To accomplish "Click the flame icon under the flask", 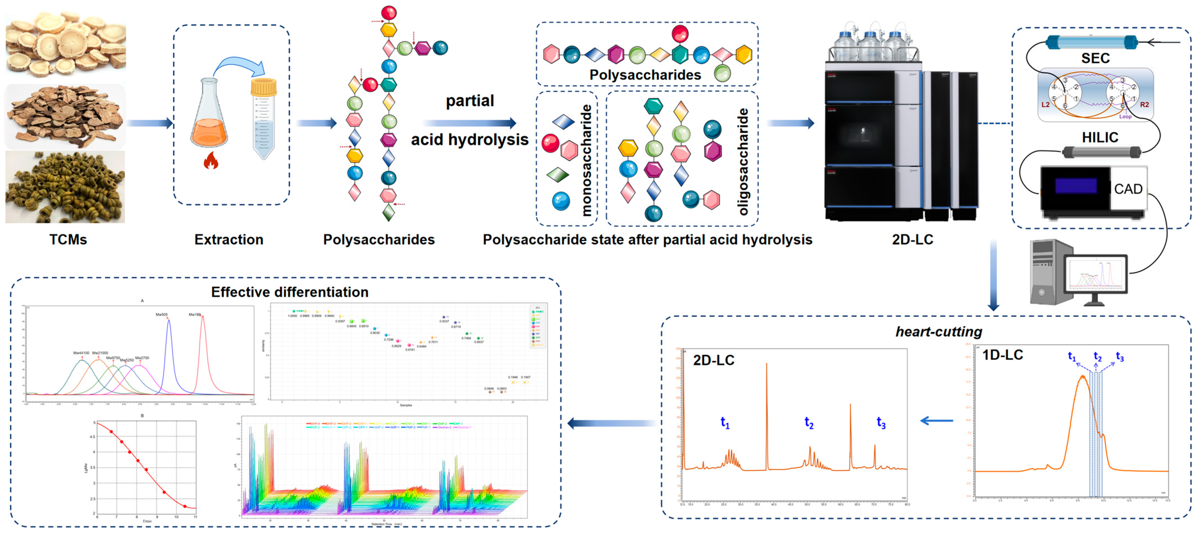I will [211, 161].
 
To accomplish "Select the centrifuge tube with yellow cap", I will [263, 118].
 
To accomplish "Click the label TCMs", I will [68, 239].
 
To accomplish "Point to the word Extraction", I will [229, 239].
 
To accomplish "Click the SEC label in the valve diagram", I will [1095, 58].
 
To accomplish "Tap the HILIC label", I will [1100, 137].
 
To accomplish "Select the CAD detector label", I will [1128, 189].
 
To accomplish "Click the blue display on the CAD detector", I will [1076, 186].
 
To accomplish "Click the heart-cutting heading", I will [939, 332].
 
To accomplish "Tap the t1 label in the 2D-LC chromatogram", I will [725, 422].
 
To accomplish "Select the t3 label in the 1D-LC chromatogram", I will [1120, 357].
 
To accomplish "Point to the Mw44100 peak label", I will [81, 353].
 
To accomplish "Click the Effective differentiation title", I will [289, 292].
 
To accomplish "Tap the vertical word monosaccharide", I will [587, 160].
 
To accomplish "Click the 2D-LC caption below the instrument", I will [912, 239].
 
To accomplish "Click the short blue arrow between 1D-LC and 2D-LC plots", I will [936, 421].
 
